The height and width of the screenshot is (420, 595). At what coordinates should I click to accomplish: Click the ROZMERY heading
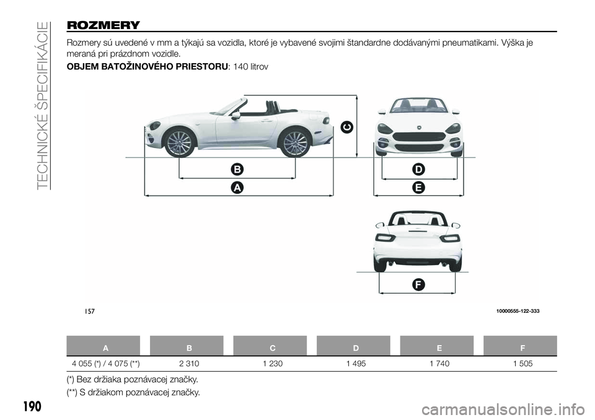click(x=104, y=25)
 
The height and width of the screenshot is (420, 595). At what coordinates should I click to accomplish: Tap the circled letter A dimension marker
click(x=237, y=188)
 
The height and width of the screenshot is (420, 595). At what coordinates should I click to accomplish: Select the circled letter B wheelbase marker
click(x=237, y=169)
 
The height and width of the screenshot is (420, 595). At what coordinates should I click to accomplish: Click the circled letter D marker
click(x=418, y=169)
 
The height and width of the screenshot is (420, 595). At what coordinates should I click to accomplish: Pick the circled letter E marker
click(x=418, y=188)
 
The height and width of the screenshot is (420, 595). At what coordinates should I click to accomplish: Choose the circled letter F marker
click(x=418, y=284)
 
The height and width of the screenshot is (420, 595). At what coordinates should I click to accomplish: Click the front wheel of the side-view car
click(x=179, y=143)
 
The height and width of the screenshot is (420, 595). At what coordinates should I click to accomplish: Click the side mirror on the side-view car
click(x=236, y=115)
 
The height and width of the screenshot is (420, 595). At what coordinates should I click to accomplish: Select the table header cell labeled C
click(x=273, y=348)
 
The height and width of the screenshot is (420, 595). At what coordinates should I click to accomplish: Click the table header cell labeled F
click(x=522, y=348)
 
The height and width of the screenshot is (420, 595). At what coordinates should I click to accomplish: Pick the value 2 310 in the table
click(x=189, y=364)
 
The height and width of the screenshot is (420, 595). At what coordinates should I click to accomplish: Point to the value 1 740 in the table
click(x=439, y=364)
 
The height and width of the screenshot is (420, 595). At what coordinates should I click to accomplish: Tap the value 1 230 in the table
click(x=273, y=364)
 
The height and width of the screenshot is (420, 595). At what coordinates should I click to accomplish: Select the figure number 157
click(x=89, y=312)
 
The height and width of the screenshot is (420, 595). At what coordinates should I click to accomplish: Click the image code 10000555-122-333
click(x=518, y=311)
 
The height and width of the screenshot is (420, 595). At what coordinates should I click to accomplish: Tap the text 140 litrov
click(x=250, y=67)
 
